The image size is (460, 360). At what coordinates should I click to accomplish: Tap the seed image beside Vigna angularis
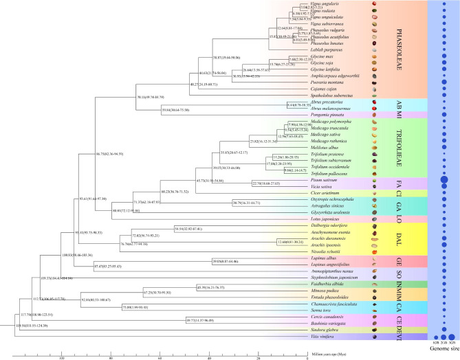pyautogui.click(x=375, y=4)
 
